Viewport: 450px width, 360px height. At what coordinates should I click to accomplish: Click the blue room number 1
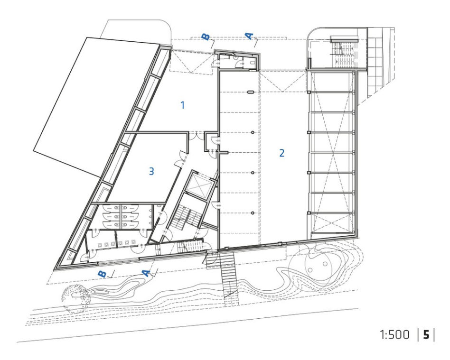click(x=183, y=105)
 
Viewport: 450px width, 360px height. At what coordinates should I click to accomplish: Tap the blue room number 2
click(x=282, y=153)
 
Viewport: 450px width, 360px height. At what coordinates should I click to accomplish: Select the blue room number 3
click(x=151, y=171)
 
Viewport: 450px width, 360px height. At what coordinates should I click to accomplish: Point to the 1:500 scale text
click(x=394, y=334)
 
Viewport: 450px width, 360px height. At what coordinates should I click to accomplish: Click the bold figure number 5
click(x=426, y=334)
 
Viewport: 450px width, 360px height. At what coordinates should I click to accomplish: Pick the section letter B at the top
click(x=206, y=37)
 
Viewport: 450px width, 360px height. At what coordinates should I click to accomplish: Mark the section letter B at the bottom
click(x=102, y=274)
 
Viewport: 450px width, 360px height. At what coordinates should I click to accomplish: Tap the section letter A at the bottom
click(x=147, y=273)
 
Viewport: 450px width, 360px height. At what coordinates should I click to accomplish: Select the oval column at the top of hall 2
click(x=251, y=92)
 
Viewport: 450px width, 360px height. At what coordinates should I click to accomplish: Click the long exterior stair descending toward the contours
click(x=228, y=276)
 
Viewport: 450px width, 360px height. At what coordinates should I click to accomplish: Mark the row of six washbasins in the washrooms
click(x=116, y=244)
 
